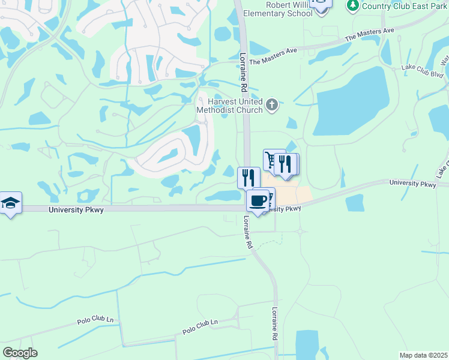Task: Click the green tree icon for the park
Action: (353, 5)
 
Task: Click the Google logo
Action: (20, 353)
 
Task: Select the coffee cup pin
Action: (258, 201)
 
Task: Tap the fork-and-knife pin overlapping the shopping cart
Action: (285, 164)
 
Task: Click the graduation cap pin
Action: (10, 203)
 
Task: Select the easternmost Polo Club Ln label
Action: (200, 328)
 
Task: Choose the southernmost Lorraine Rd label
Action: (275, 325)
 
